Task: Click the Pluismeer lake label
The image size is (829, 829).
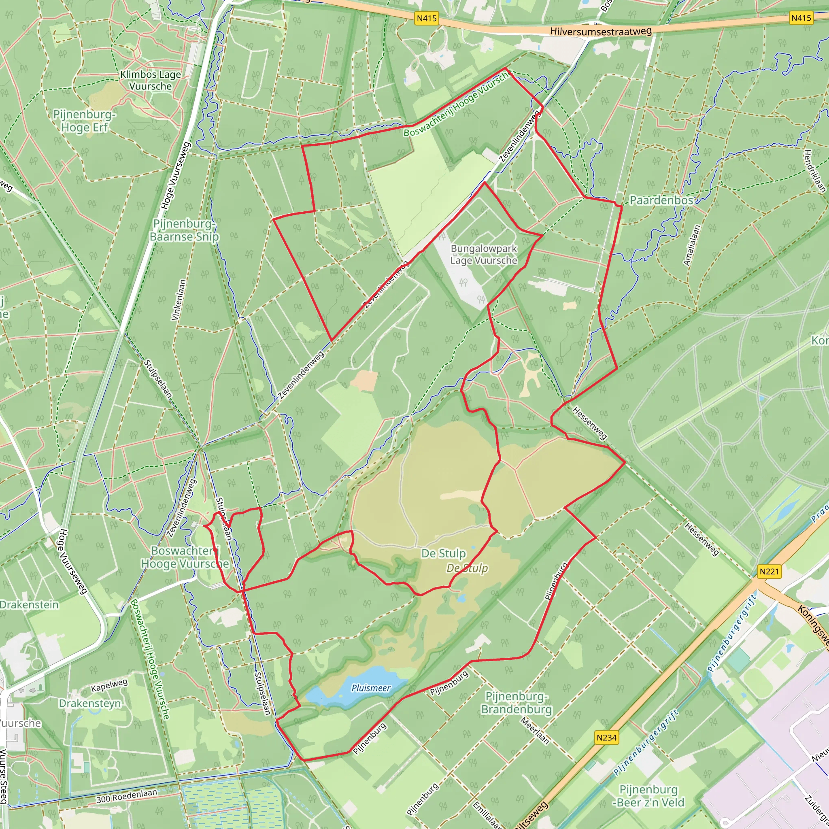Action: point(371,688)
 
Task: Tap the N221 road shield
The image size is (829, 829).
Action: point(769,571)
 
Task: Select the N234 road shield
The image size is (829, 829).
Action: point(606,737)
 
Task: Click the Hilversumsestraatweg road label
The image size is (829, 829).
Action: point(601,31)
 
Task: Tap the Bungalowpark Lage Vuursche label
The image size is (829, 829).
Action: point(484,255)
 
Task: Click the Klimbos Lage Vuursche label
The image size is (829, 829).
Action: point(150,80)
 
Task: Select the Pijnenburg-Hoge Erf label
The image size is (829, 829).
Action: point(84,121)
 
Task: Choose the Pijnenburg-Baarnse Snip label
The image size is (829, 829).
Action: point(184,230)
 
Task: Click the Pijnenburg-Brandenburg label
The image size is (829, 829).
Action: point(516,703)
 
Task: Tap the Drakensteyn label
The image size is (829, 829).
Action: point(90,703)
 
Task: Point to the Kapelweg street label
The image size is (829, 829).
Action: point(109,685)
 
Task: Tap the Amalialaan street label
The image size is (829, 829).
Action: point(692,245)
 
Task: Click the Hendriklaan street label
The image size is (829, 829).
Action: point(814,170)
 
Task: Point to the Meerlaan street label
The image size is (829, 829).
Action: point(535,731)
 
